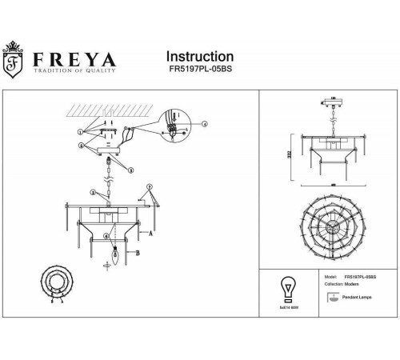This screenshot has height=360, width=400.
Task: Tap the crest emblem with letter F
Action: tap(13, 65)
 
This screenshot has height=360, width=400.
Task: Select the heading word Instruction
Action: tap(199, 57)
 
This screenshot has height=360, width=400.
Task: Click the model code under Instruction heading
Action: tap(199, 71)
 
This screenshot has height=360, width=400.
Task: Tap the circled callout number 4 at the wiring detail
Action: tap(204, 124)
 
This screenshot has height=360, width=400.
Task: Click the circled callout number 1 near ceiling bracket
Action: tap(80, 130)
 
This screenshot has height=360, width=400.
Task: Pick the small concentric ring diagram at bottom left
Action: tap(58, 284)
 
